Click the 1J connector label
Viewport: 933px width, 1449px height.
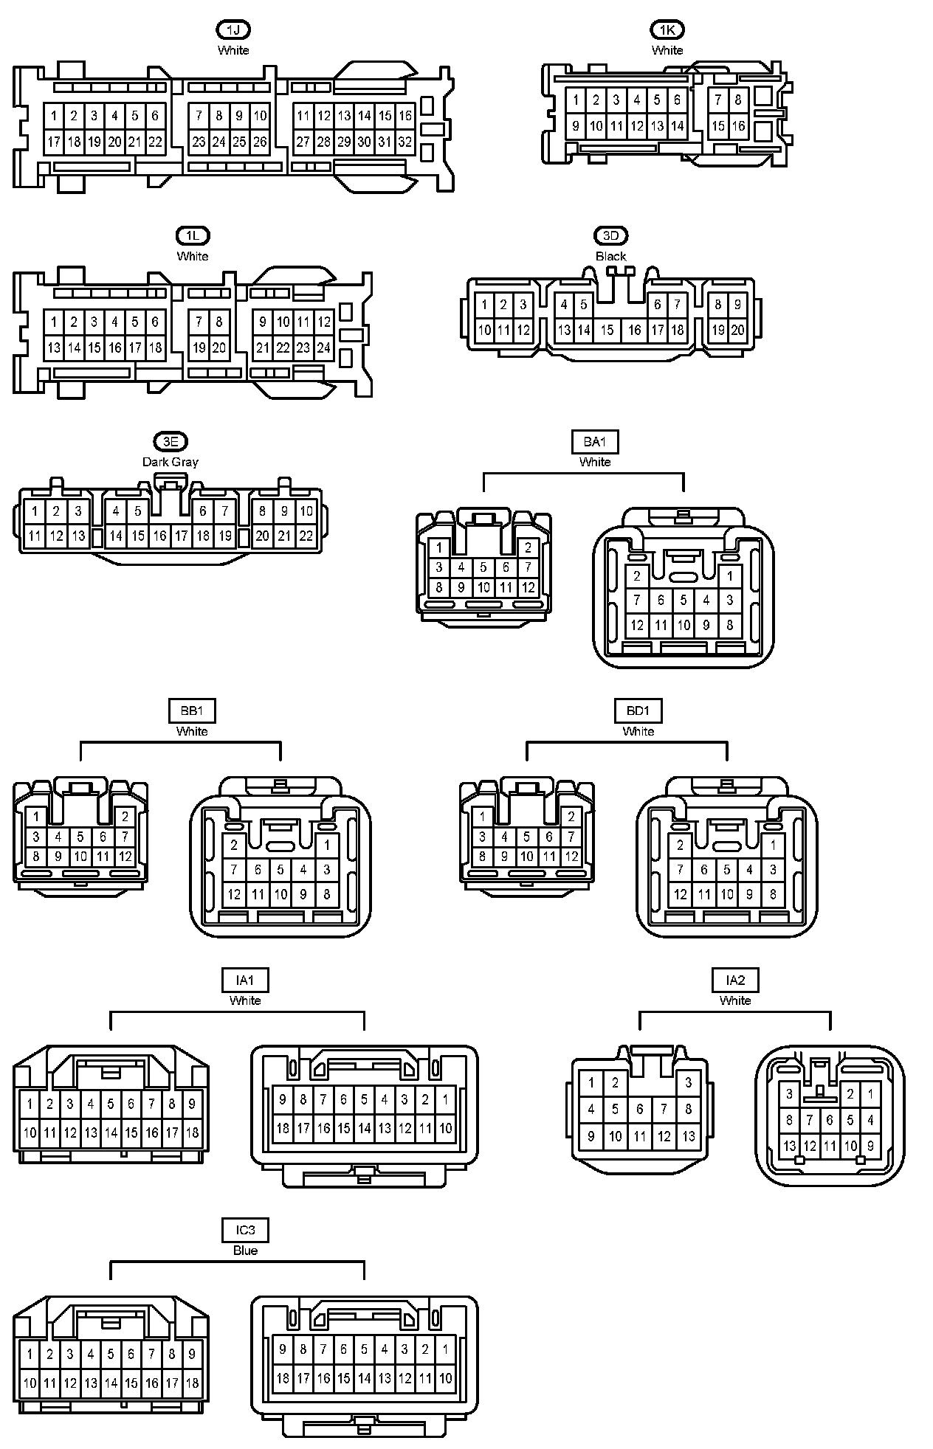233,30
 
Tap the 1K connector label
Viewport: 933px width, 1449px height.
667,30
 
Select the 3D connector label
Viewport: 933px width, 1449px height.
610,235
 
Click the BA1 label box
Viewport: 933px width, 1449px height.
595,441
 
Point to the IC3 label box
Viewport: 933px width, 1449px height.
245,1230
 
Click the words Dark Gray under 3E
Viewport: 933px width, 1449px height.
171,462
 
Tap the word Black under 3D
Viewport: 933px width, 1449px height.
610,256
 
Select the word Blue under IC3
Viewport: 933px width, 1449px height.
245,1251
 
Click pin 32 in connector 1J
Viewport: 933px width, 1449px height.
405,142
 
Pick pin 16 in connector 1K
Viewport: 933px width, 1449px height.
738,126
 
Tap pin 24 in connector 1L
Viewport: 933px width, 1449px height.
324,347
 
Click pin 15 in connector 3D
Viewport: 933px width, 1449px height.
607,330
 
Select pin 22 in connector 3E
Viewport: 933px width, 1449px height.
306,536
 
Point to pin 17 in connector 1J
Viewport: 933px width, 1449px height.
54,142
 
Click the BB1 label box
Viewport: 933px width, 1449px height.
192,710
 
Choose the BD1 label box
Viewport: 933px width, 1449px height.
638,710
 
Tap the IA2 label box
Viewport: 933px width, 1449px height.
735,980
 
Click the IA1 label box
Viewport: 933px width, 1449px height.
245,980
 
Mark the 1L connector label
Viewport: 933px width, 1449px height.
193,235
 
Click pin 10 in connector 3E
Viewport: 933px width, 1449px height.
306,511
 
